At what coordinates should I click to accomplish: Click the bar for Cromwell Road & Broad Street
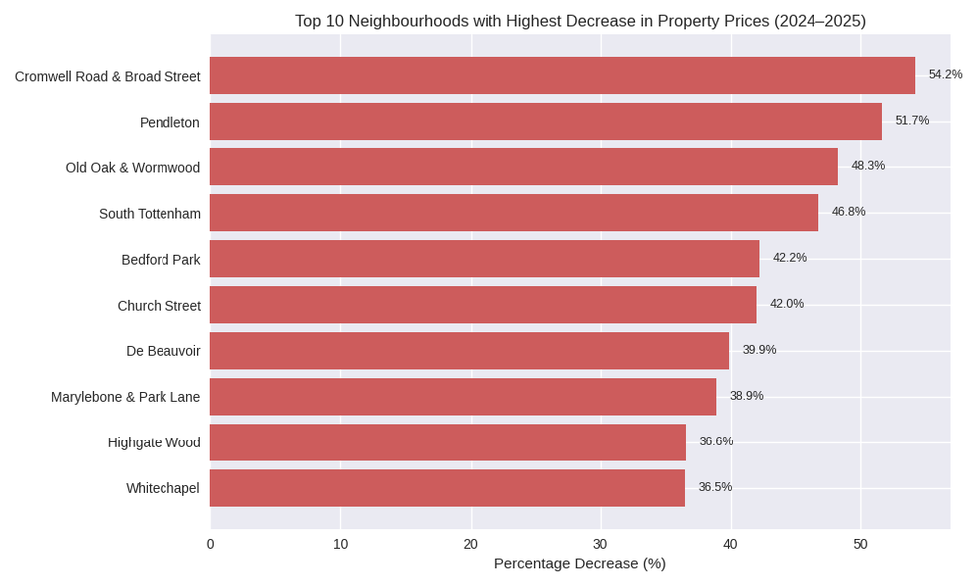tap(562, 76)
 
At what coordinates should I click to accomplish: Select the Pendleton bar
tap(546, 121)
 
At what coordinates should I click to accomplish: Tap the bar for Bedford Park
tap(485, 259)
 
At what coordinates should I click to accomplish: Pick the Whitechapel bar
tap(448, 488)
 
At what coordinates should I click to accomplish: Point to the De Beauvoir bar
tap(470, 351)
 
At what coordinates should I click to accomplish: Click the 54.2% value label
tap(945, 75)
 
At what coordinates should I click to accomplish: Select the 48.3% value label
tap(868, 166)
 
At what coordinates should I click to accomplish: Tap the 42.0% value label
tap(786, 304)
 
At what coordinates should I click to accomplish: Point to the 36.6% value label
tap(716, 441)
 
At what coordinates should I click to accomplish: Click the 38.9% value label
tap(746, 396)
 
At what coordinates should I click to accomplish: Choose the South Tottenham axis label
tap(150, 214)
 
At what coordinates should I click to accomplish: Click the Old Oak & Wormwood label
tap(133, 168)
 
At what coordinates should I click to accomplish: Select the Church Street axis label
tap(159, 306)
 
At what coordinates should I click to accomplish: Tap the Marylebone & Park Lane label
tap(126, 397)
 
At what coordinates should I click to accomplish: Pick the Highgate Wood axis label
tap(154, 442)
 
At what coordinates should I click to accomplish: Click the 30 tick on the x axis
tap(600, 544)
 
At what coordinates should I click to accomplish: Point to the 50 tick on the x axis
tap(860, 544)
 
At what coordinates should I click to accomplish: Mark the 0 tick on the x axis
tap(210, 544)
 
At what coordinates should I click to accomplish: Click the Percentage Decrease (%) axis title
tap(579, 564)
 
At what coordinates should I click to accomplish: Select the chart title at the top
tap(580, 21)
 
